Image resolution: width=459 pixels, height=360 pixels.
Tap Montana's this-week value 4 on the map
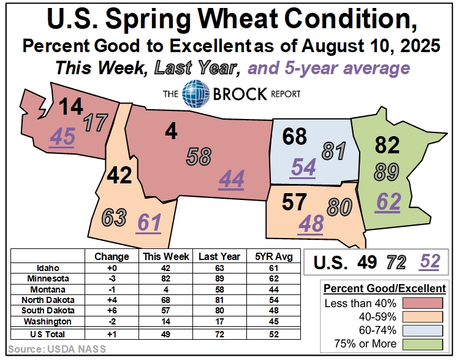coord(172,131)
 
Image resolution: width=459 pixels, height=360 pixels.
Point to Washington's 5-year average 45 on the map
coord(62,137)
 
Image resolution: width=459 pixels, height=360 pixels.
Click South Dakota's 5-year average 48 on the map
coord(311,224)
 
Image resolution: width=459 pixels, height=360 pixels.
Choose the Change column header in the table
coord(112,256)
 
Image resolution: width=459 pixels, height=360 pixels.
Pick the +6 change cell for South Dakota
coord(112,310)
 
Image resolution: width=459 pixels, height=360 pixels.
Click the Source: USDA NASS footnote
coord(40,349)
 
